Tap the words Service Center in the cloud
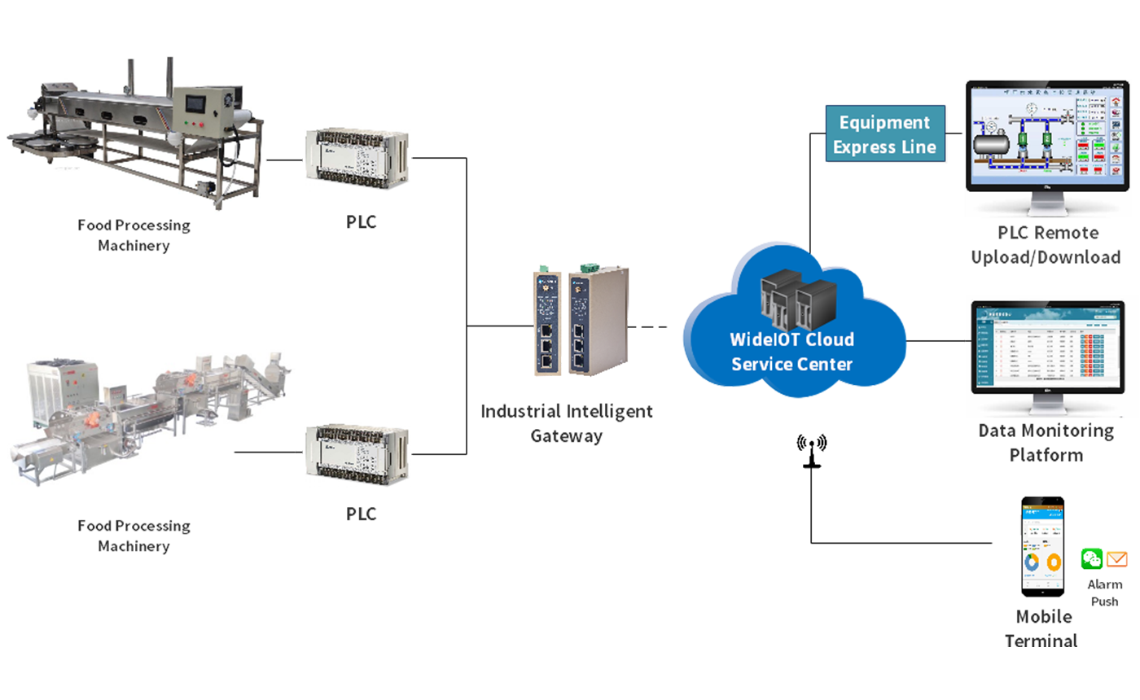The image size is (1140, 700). (791, 364)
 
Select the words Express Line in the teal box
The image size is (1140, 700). (884, 147)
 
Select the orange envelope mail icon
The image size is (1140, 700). (1120, 560)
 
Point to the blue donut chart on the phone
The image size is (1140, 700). (1032, 562)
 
